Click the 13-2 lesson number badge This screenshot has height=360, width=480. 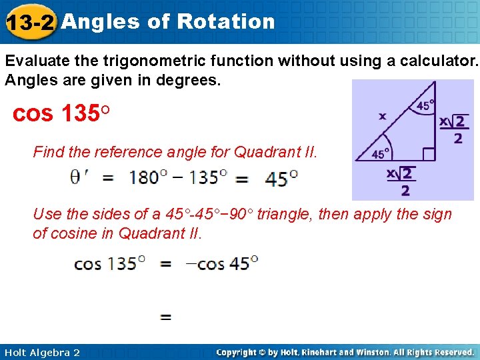[29, 23]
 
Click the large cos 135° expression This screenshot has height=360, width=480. [61, 113]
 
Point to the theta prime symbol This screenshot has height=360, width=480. [79, 178]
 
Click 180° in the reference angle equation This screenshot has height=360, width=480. [143, 178]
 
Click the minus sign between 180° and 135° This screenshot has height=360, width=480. [177, 178]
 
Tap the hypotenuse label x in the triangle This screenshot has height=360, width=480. [382, 116]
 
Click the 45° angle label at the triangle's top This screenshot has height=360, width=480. [424, 106]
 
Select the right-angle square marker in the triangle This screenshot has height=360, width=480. [428, 155]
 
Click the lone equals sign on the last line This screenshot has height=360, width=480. [166, 317]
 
